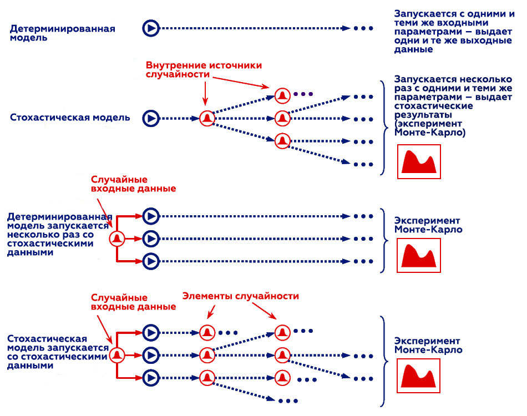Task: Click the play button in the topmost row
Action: (x=150, y=28)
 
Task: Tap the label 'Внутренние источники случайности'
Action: (x=203, y=70)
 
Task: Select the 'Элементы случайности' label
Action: (x=241, y=296)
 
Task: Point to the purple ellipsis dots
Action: (x=303, y=94)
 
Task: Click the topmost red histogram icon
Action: (x=419, y=162)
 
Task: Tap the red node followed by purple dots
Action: (x=282, y=95)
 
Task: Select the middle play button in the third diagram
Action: (x=150, y=239)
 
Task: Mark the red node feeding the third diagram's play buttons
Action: (x=116, y=239)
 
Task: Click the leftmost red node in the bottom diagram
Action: (x=116, y=355)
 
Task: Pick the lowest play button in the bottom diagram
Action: (x=150, y=378)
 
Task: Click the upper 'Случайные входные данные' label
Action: (x=133, y=184)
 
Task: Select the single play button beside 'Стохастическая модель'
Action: (x=150, y=118)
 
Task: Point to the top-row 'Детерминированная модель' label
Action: (x=62, y=33)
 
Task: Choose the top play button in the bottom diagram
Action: (x=150, y=332)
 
